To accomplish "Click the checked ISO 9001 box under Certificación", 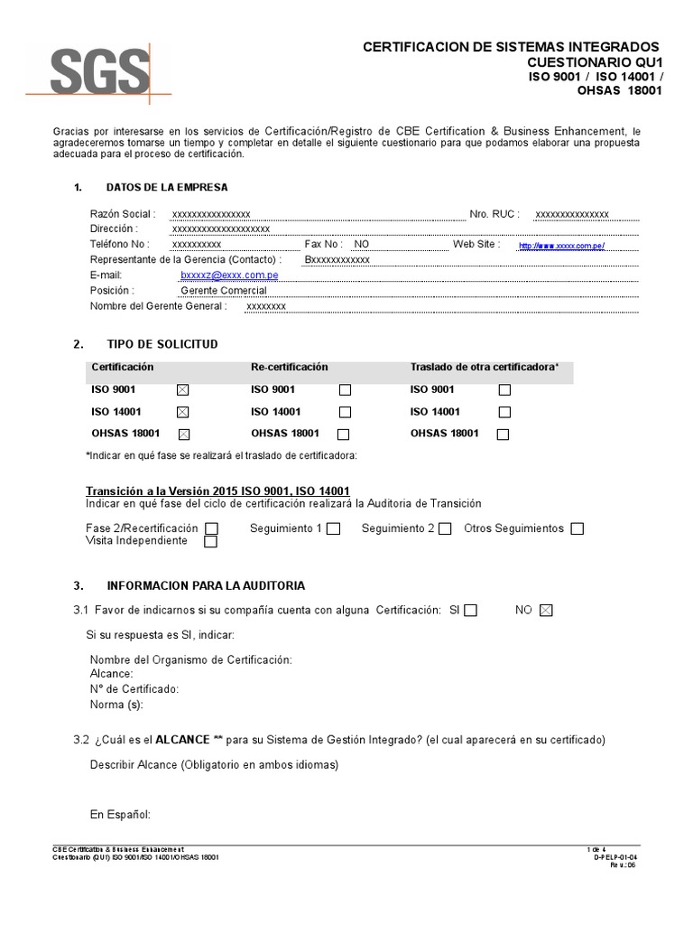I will (183, 390).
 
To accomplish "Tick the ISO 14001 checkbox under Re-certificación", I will (345, 412).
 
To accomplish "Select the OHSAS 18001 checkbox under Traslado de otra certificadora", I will (504, 434).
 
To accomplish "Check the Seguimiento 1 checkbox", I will (333, 528).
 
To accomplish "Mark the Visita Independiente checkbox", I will (211, 542).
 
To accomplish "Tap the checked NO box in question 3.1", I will (545, 611).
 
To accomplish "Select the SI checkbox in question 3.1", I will (470, 611).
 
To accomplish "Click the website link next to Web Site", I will (560, 246).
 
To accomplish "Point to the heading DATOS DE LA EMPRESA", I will (167, 187).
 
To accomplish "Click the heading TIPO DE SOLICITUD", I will (162, 344).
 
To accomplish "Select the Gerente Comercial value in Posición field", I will (224, 290).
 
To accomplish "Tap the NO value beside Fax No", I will (362, 244).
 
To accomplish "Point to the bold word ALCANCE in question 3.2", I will (183, 740).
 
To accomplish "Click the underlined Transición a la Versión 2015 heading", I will (217, 491).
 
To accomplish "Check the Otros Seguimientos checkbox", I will (577, 528).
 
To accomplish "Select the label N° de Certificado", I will (134, 688).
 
